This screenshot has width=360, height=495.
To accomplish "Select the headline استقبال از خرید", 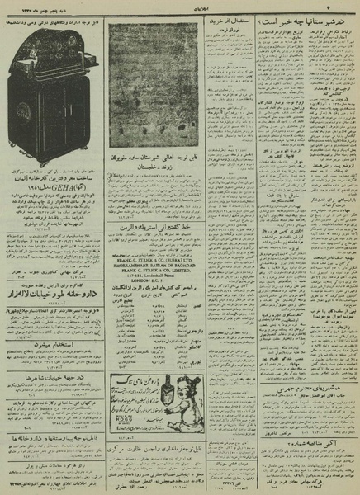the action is coord(226,31).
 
